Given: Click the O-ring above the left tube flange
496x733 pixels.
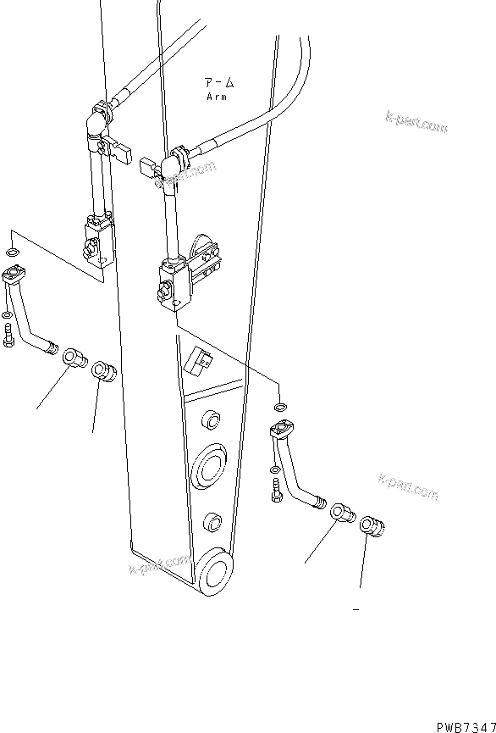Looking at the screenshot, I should (x=9, y=253).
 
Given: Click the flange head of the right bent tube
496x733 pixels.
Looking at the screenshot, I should (x=280, y=430).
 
